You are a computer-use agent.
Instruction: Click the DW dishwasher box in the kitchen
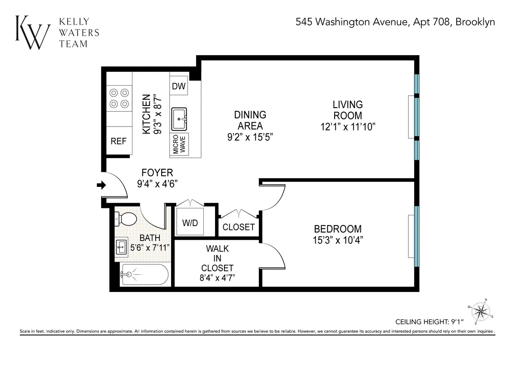178,87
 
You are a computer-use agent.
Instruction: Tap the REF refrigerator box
119,141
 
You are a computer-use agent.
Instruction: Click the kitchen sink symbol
179,118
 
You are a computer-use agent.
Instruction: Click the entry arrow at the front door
101,185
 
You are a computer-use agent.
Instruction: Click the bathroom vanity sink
121,247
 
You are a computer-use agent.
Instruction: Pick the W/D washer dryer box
190,223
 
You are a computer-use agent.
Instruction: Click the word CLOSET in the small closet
239,227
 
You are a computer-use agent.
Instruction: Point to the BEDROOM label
338,229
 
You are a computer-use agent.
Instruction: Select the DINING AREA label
250,120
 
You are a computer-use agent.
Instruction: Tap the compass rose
481,311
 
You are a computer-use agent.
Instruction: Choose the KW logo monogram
33,32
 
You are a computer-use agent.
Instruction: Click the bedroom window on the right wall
416,237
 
